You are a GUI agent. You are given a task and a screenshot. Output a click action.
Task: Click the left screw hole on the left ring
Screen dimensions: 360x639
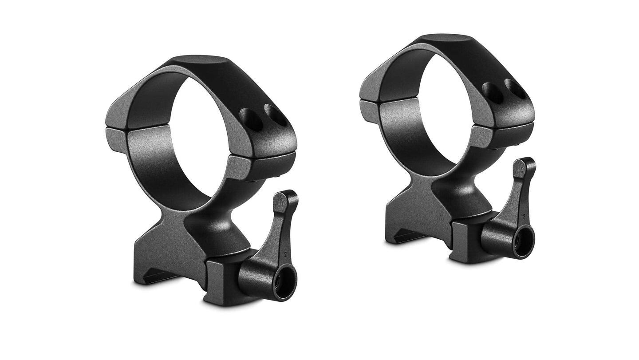(x=251, y=119)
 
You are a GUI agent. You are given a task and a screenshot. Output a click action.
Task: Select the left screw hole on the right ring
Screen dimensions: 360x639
(x=493, y=93)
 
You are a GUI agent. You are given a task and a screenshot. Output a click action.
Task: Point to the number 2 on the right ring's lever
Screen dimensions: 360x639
(x=524, y=217)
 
